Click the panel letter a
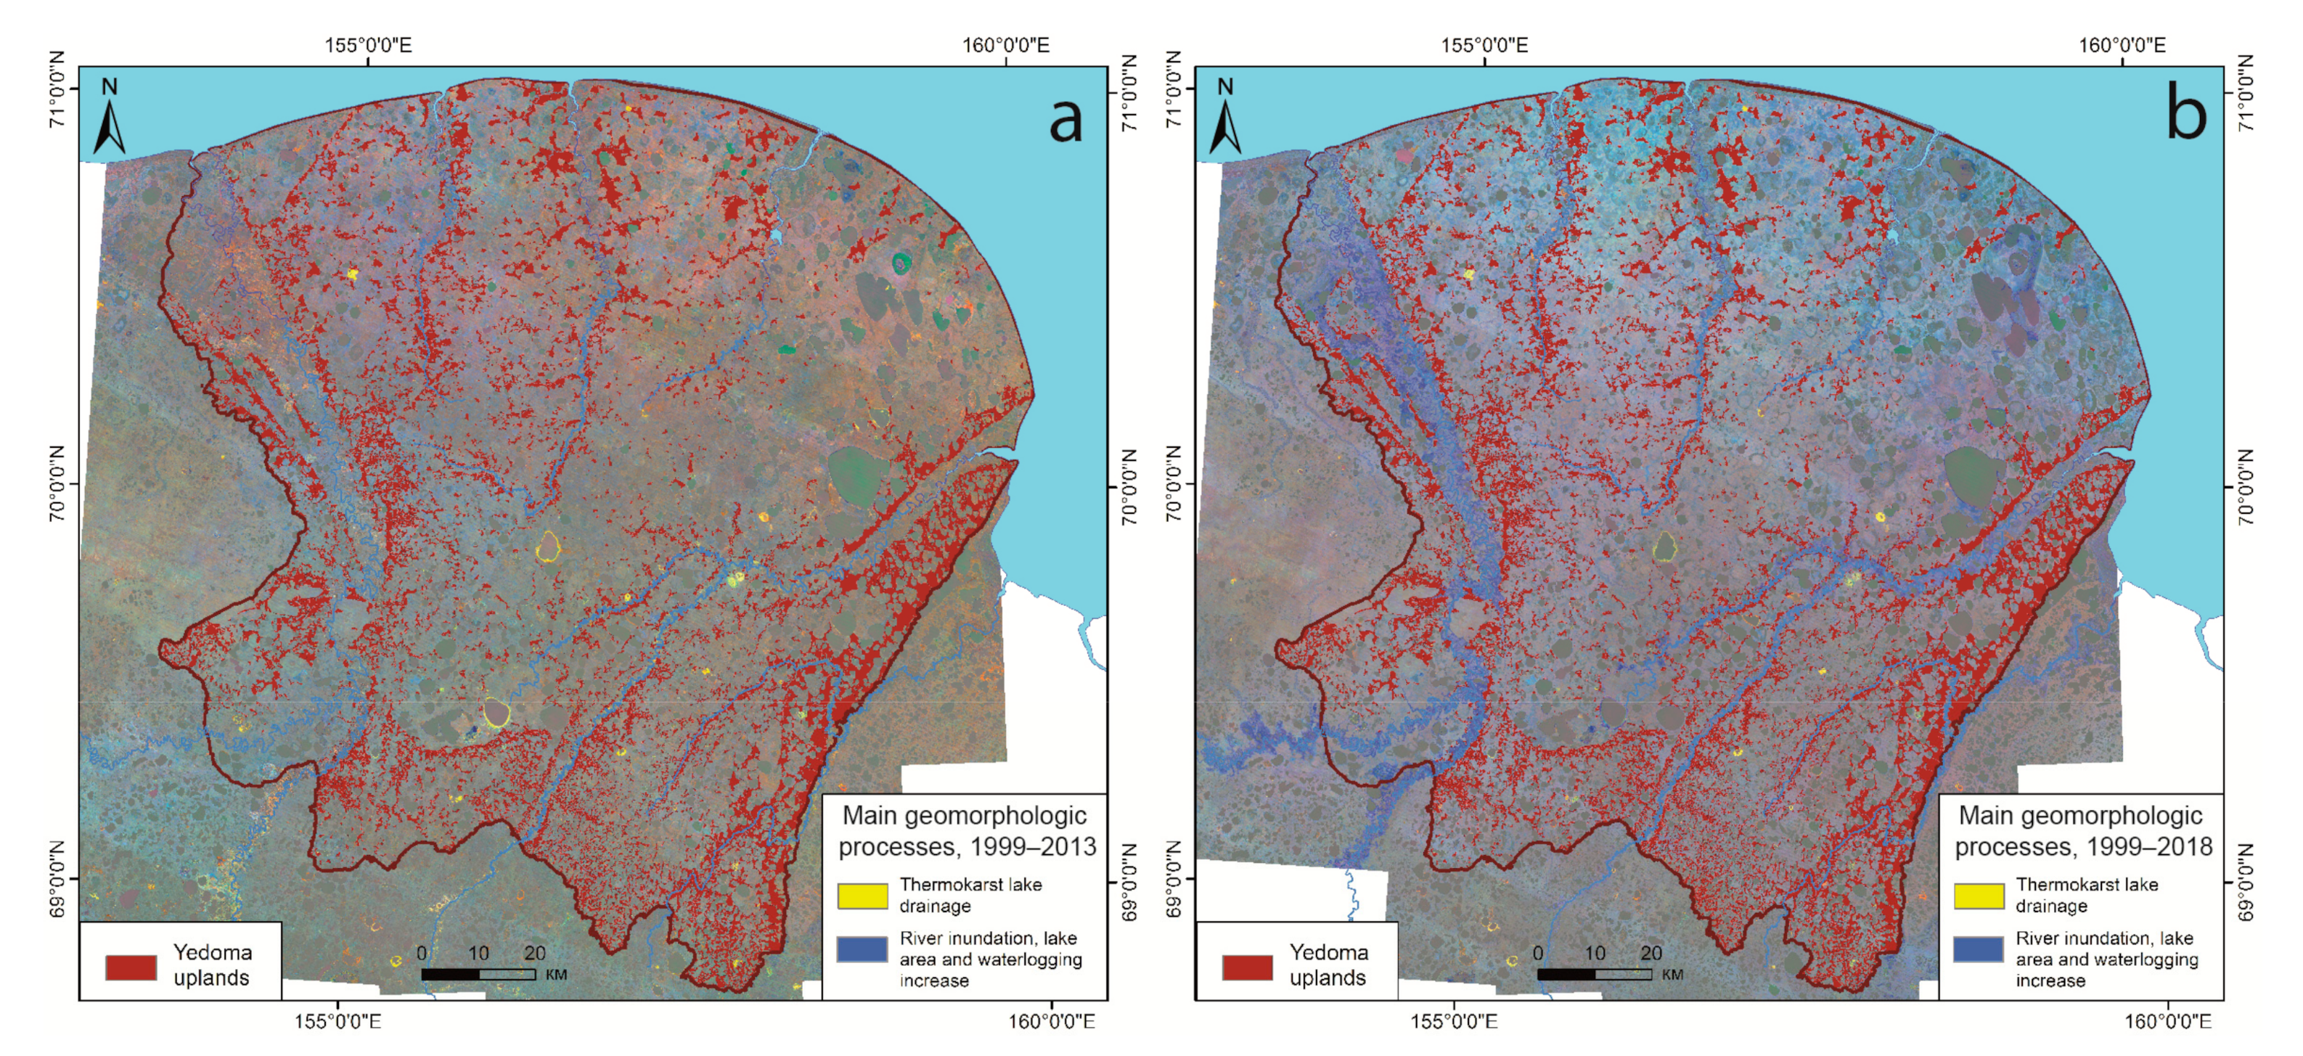coord(1065,120)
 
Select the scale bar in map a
coord(478,974)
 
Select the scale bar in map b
coord(1594,974)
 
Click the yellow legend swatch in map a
coord(862,895)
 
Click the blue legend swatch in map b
coord(1978,949)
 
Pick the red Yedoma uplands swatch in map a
coord(131,967)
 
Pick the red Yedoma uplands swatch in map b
coord(1246,967)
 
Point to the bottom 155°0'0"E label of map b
coord(1453,1021)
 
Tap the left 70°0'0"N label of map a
coord(57,484)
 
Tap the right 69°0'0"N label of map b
coord(2244,882)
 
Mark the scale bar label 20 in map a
coord(535,953)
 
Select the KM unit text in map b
coord(1672,975)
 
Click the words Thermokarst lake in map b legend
coord(2086,884)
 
